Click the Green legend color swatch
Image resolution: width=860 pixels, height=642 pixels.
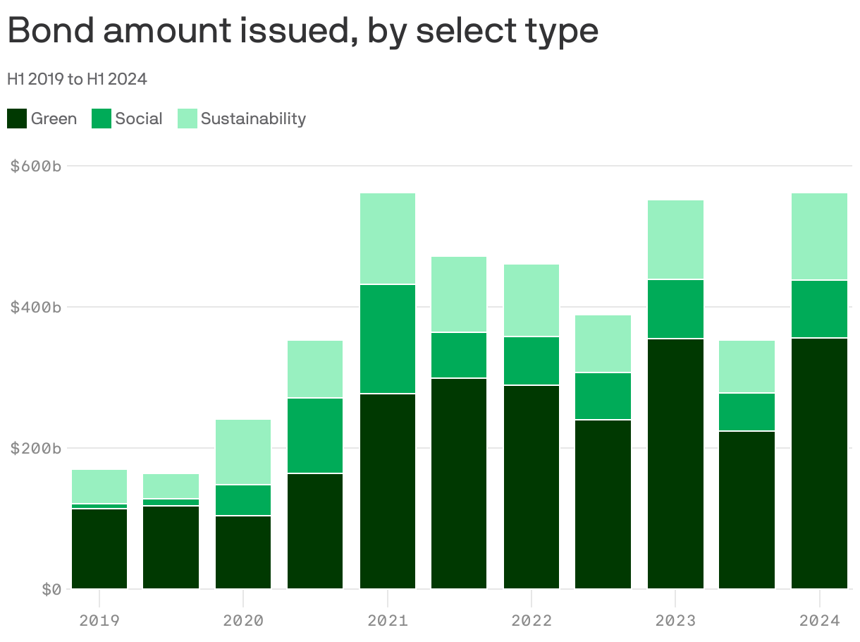pos(17,119)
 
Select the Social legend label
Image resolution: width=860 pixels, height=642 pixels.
pos(139,119)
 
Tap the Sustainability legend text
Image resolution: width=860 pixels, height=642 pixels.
pos(253,119)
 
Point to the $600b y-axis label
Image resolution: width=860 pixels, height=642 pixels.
pos(36,166)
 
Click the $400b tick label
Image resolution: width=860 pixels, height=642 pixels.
pos(36,308)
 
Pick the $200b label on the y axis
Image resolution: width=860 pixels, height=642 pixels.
pos(36,449)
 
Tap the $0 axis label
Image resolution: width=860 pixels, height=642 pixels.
pos(51,589)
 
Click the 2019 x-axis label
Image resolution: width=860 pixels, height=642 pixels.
pos(99,622)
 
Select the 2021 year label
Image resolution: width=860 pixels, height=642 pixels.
pos(387,622)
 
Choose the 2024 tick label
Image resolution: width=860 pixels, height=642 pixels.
pos(820,622)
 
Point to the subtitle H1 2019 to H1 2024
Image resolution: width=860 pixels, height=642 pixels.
pos(77,79)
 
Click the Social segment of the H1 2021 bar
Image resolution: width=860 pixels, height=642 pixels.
pos(387,339)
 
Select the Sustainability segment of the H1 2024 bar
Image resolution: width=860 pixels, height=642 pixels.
pos(819,236)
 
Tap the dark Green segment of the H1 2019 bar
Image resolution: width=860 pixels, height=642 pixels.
pos(99,548)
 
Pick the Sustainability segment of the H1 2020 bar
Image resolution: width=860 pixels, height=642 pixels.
pos(243,452)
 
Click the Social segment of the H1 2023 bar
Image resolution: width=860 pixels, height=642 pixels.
pos(675,309)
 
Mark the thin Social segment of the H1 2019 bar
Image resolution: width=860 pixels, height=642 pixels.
pos(99,507)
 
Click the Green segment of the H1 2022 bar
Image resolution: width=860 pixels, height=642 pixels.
pos(532,487)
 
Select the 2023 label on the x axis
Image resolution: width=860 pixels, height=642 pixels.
pos(675,622)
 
